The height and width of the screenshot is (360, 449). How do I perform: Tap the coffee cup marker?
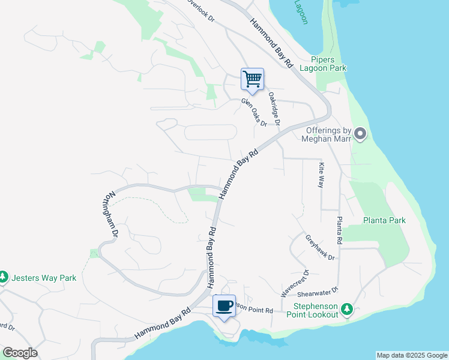pyautogui.click(x=224, y=306)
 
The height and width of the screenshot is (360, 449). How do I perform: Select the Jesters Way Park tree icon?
pyautogui.click(x=4, y=277)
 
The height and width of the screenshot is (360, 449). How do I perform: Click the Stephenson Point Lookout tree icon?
pyautogui.click(x=346, y=309)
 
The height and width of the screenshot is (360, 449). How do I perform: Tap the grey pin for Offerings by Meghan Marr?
pyautogui.click(x=360, y=134)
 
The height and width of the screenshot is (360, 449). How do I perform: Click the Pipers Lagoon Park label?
pyautogui.click(x=328, y=64)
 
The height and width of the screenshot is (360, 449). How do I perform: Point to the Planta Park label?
pyautogui.click(x=384, y=220)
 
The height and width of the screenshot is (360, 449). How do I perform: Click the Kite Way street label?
pyautogui.click(x=321, y=175)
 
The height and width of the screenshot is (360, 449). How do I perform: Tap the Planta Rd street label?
pyautogui.click(x=339, y=230)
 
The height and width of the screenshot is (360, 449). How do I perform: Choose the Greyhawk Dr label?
pyautogui.click(x=319, y=247)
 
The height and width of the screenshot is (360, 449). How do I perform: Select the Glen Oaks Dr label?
pyautogui.click(x=254, y=112)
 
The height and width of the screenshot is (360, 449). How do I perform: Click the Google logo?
pyautogui.click(x=20, y=353)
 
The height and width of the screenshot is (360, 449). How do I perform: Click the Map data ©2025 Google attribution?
pyautogui.click(x=412, y=355)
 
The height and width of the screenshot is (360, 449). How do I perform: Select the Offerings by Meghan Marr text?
pyautogui.click(x=328, y=134)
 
